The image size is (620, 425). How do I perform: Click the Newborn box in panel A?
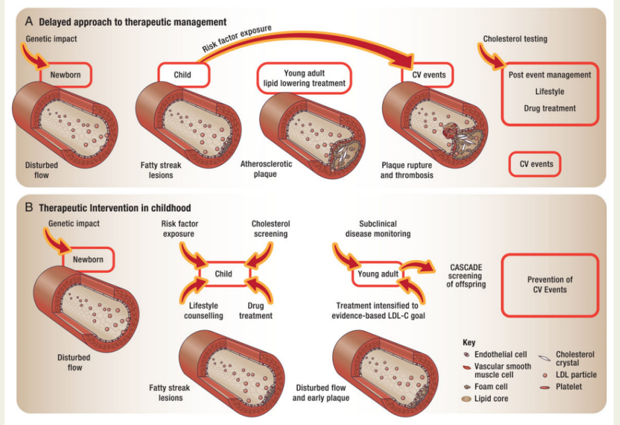click(65, 75)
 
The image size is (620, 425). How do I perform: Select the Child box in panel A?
click(183, 75)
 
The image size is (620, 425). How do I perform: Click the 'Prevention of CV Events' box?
click(551, 285)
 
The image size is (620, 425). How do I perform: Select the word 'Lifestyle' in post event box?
click(549, 92)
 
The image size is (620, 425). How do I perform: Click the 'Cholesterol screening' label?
click(271, 229)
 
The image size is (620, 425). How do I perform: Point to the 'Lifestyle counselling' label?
click(203, 311)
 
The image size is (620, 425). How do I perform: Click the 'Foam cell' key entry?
click(488, 386)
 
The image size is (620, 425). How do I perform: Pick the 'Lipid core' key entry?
click(488, 399)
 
